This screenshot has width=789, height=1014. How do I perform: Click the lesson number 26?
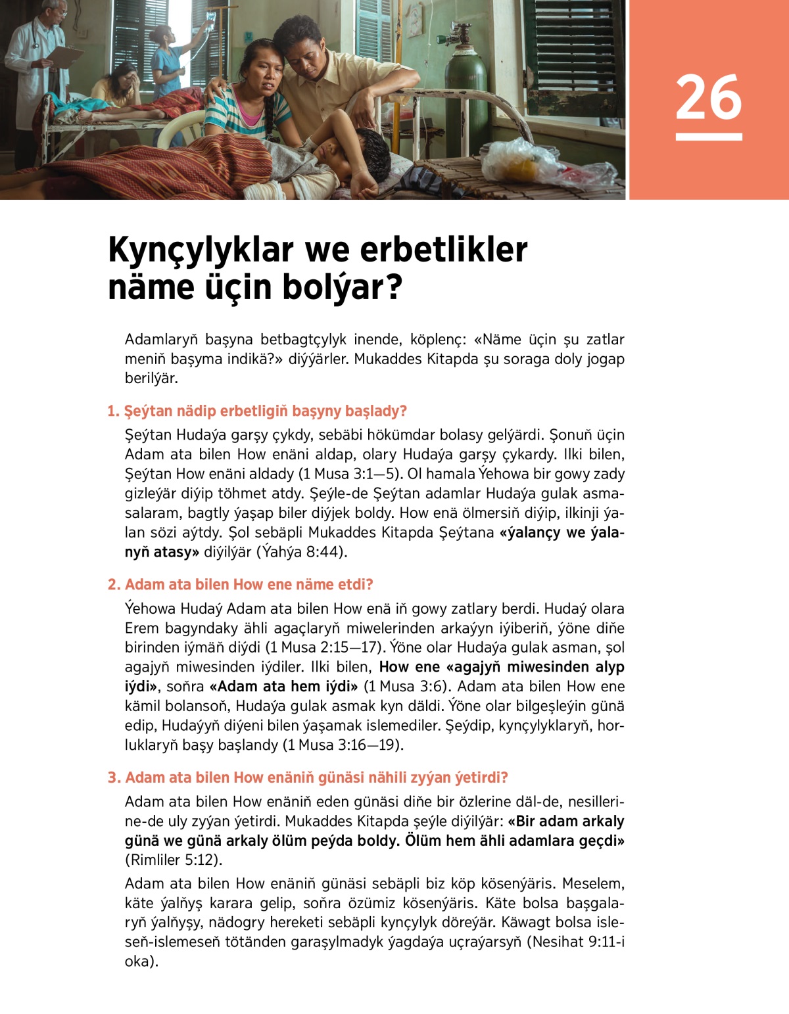pyautogui.click(x=708, y=97)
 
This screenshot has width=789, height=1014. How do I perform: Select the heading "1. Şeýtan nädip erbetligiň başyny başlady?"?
pyautogui.click(x=257, y=411)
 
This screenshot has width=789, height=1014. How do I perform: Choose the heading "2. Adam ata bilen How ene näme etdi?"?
pyautogui.click(x=241, y=585)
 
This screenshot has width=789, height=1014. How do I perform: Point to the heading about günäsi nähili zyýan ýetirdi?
pyautogui.click(x=308, y=778)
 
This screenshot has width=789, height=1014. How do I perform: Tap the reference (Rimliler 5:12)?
pyautogui.click(x=174, y=860)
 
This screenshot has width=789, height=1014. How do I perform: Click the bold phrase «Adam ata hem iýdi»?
pyautogui.click(x=283, y=687)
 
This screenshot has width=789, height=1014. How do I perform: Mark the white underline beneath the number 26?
pyautogui.click(x=708, y=137)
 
